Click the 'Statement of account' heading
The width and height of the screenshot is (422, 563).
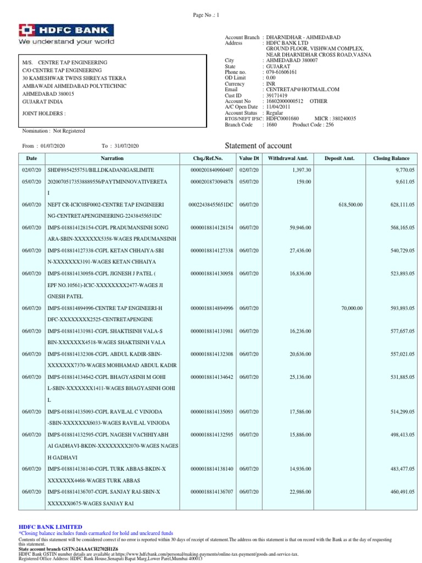pos(259,146)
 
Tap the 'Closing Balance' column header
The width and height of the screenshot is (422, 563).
pos(391,158)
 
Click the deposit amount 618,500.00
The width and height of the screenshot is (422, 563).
pos(349,205)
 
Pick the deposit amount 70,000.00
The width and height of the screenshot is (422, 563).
pos(351,308)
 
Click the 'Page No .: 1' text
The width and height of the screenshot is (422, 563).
pos(207,16)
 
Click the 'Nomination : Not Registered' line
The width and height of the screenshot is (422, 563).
pos(53,131)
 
